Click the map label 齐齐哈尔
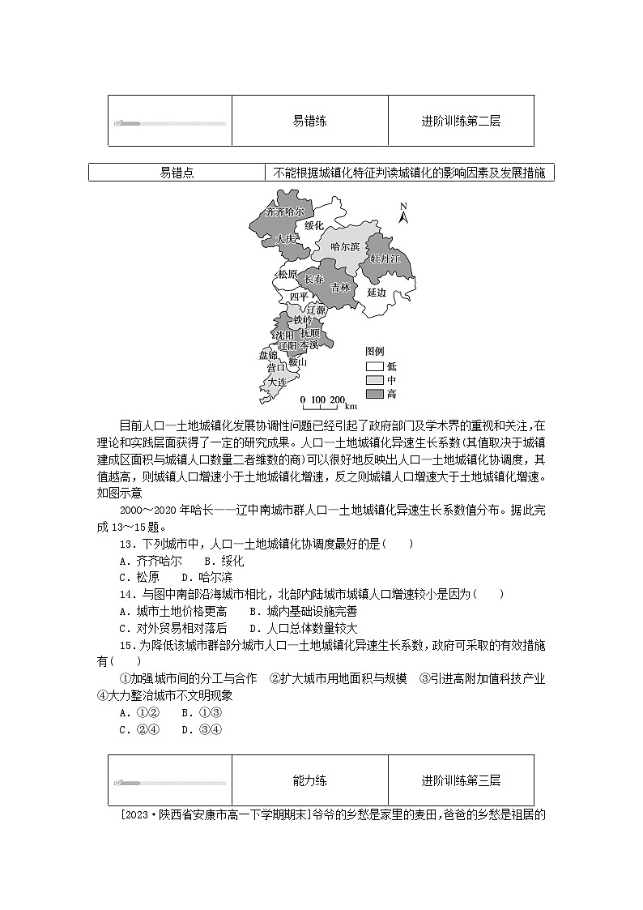click(x=279, y=211)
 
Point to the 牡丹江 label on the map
click(x=385, y=258)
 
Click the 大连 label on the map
click(x=277, y=381)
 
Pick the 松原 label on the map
click(x=287, y=274)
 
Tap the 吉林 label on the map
click(x=340, y=287)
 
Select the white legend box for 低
click(x=374, y=366)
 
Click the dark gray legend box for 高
click(x=374, y=394)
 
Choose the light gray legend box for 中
click(x=374, y=380)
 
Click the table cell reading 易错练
click(x=309, y=122)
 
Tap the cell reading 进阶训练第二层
click(x=461, y=122)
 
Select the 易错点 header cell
click(x=177, y=173)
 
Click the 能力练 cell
click(x=309, y=781)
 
